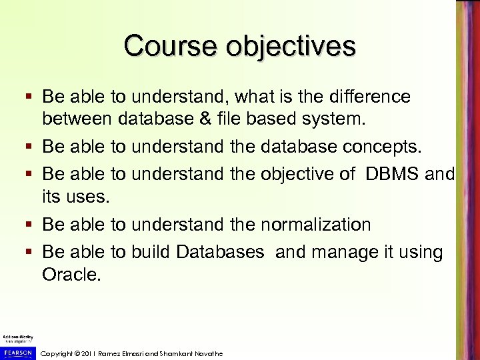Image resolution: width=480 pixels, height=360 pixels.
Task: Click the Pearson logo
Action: click(17, 351)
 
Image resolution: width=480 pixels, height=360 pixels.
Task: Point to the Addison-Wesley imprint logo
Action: click(16, 337)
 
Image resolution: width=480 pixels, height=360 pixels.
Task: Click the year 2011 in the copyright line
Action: click(91, 353)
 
